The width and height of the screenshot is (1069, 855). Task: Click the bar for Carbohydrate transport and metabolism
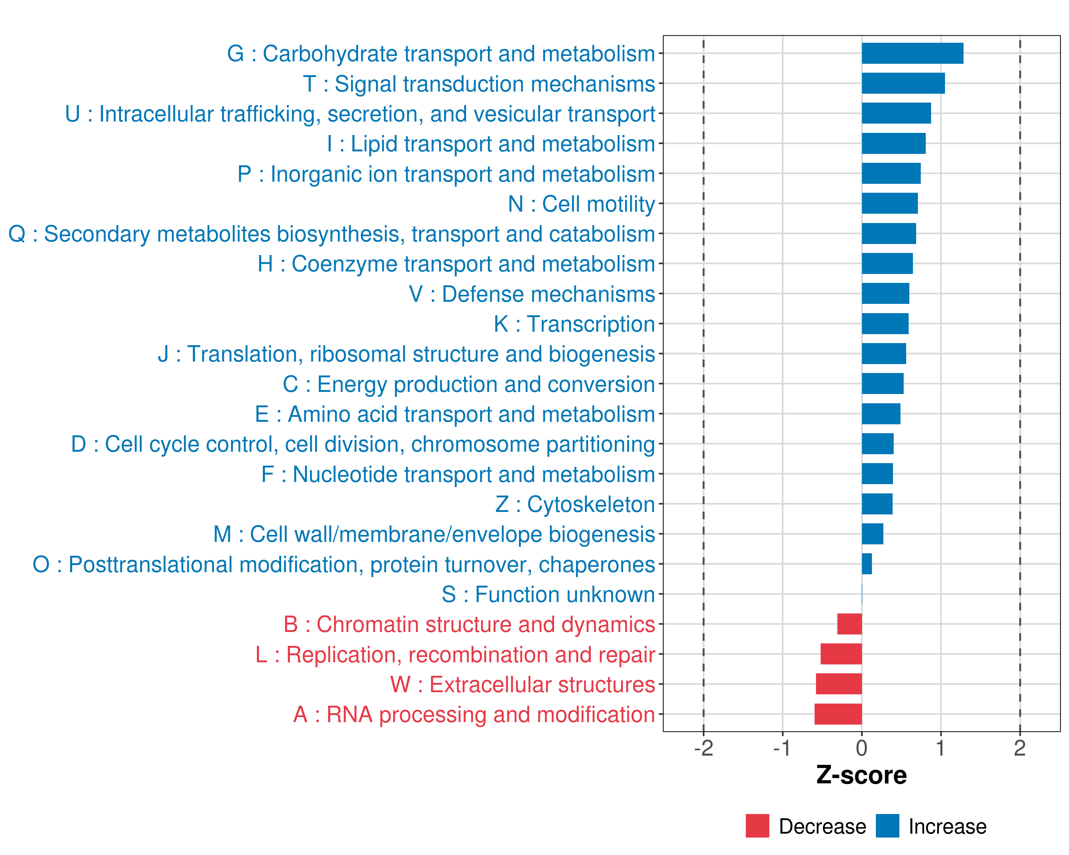click(x=912, y=53)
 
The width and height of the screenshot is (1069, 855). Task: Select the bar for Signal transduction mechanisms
click(x=903, y=83)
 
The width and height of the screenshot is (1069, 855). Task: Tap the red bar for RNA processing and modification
click(x=838, y=714)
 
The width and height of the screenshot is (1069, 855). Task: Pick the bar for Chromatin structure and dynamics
click(x=849, y=624)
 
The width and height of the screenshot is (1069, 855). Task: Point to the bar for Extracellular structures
click(x=839, y=684)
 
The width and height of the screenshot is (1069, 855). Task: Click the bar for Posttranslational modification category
click(x=867, y=564)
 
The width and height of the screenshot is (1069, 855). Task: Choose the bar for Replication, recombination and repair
click(x=841, y=654)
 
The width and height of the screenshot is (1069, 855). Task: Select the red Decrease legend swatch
click(x=757, y=826)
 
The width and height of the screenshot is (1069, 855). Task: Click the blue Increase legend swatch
click(x=887, y=826)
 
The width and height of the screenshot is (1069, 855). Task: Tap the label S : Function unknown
click(x=548, y=594)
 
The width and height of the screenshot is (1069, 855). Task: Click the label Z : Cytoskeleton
click(x=575, y=504)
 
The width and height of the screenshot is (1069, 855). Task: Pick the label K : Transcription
click(x=574, y=324)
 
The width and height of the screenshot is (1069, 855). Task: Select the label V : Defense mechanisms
click(x=532, y=294)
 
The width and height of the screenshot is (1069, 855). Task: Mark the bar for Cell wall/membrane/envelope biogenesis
click(x=872, y=534)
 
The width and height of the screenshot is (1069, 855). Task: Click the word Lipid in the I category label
click(x=372, y=144)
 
